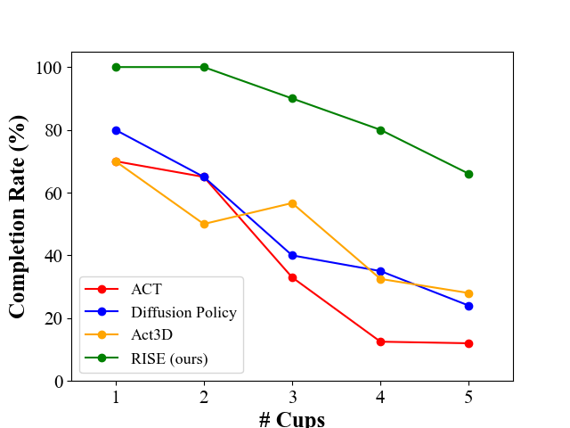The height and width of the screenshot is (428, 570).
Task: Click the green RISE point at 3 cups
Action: (x=292, y=99)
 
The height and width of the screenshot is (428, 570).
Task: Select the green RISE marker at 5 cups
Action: (x=468, y=174)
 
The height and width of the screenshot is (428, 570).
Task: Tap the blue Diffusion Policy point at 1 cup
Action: (x=116, y=130)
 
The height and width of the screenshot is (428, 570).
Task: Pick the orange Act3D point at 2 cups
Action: (x=204, y=224)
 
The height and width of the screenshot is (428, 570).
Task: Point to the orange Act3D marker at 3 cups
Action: (x=292, y=203)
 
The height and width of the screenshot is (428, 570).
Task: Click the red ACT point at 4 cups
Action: (x=380, y=342)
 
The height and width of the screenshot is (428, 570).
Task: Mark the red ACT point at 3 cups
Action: (x=292, y=277)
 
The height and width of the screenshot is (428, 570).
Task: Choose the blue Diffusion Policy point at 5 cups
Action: (x=468, y=306)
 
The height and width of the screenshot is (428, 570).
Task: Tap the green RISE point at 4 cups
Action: (x=380, y=130)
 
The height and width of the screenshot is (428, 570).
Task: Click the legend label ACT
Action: (x=147, y=289)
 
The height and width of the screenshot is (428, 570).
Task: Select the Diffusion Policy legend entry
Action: (x=183, y=312)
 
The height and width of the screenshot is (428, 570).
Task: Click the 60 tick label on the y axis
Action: (x=53, y=193)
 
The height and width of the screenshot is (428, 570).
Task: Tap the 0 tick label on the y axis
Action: (x=58, y=382)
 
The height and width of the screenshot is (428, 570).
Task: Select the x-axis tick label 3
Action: (x=292, y=398)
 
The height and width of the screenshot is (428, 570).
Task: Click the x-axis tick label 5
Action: (x=468, y=398)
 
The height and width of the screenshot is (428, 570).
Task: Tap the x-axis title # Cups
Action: (x=292, y=418)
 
